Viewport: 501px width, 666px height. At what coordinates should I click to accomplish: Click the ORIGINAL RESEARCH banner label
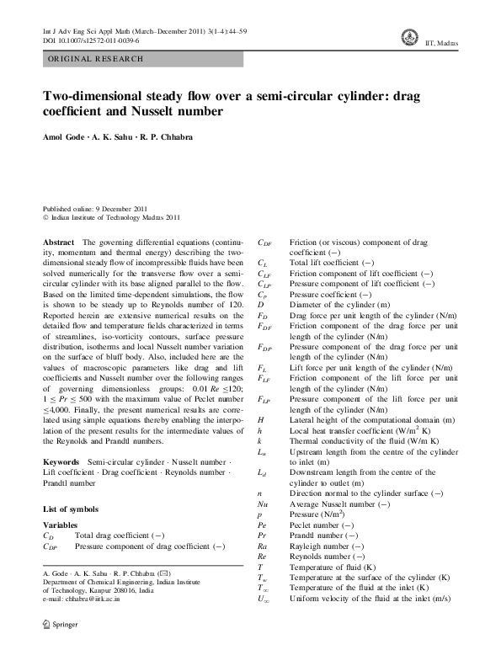click(94, 59)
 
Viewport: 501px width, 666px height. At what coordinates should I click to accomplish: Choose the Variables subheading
click(60, 525)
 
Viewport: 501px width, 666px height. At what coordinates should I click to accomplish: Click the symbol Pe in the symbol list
click(263, 524)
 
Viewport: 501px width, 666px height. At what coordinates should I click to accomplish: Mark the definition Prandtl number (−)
click(324, 535)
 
